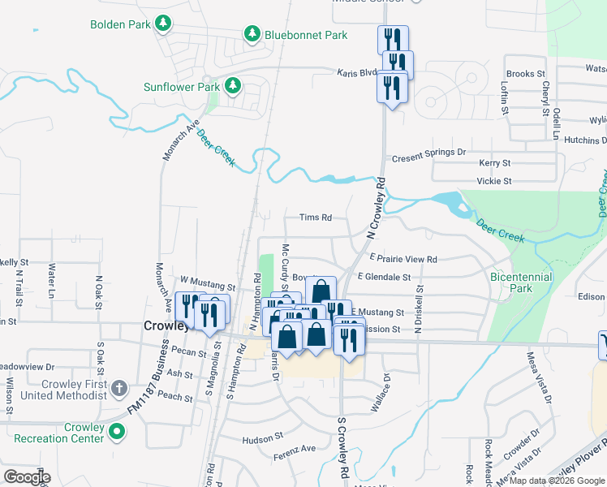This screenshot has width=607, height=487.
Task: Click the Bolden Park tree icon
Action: [x=165, y=24]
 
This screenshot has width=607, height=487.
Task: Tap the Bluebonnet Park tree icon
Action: [x=252, y=35]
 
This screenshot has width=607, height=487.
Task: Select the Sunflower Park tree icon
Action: [x=234, y=85]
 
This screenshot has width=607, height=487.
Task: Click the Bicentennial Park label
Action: [x=521, y=282]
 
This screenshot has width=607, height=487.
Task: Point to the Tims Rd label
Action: [x=316, y=218]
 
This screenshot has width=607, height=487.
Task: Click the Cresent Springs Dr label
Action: [x=429, y=152]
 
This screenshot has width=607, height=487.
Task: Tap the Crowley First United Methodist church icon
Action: [x=118, y=387]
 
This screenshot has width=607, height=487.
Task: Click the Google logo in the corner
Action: [x=27, y=476]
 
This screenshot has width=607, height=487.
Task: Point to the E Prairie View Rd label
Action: [x=403, y=259]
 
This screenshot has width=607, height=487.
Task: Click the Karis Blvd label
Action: [x=358, y=72]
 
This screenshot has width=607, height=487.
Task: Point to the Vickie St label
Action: [x=494, y=181]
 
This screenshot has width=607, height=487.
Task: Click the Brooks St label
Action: [x=526, y=74]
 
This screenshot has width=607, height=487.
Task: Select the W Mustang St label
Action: [x=207, y=287]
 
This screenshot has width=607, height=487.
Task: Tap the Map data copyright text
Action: [x=557, y=481]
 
